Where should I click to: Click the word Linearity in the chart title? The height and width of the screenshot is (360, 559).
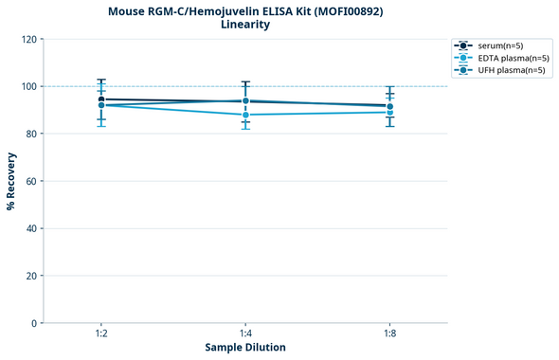[245, 25]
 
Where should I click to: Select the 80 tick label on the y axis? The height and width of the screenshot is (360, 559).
[30, 134]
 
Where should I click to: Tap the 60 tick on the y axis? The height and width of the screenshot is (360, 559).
[30, 181]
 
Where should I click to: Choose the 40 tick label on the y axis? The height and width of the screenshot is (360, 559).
[30, 228]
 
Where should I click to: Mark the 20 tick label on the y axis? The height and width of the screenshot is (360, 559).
[30, 276]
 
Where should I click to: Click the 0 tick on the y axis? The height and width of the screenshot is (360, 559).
[33, 323]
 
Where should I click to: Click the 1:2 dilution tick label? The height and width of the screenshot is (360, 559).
[100, 334]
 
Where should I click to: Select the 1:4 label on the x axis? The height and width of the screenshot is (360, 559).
[245, 334]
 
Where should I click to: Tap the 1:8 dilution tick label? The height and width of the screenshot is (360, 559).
[390, 334]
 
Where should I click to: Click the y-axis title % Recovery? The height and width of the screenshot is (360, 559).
[11, 181]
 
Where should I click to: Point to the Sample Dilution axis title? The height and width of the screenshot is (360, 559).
[245, 348]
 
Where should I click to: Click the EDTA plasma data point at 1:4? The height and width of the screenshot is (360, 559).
[245, 115]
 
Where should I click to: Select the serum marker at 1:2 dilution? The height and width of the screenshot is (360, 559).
[100, 99]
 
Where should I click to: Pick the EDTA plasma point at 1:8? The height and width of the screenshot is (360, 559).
[390, 113]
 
